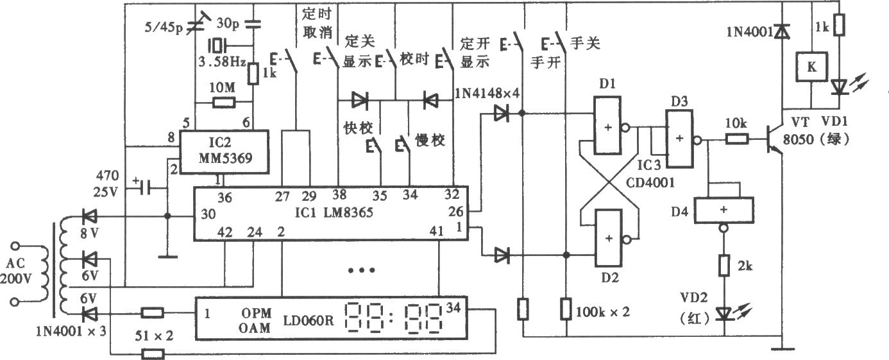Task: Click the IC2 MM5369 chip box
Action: [224, 151]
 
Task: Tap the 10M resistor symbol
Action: [224, 103]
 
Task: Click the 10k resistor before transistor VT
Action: [737, 139]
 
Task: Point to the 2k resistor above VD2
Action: [724, 266]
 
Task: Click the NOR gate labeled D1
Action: [607, 125]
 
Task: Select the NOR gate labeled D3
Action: [679, 139]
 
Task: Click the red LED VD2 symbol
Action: [724, 314]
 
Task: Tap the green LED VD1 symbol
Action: [840, 87]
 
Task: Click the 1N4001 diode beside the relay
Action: [783, 31]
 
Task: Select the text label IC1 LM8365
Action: [334, 212]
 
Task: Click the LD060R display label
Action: [309, 320]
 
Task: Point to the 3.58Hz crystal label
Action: [222, 62]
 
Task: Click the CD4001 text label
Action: [650, 182]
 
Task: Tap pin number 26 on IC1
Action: [455, 212]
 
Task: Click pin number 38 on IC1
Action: [339, 194]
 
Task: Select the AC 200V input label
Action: [16, 271]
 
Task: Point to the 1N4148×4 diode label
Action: [487, 93]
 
